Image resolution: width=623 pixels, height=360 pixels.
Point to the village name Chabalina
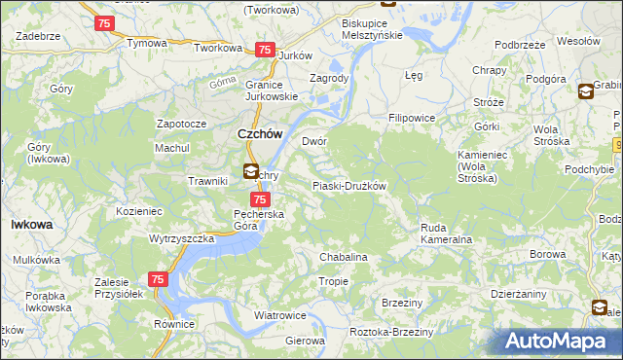point(344,257)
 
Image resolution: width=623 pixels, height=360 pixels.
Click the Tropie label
point(333,281)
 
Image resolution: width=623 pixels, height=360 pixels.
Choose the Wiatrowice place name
point(280,316)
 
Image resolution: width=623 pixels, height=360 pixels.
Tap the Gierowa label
point(304,342)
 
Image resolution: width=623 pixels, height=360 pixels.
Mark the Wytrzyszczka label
point(181,238)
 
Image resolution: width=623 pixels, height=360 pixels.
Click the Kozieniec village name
point(138,210)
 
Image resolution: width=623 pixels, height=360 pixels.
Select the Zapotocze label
point(181,125)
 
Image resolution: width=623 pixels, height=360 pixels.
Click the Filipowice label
point(411,118)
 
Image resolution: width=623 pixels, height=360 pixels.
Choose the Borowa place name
point(549,255)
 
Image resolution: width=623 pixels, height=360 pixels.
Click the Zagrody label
point(328,78)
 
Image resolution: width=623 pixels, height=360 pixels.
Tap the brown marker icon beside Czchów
point(250,173)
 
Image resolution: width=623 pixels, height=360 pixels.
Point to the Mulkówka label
point(37,261)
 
